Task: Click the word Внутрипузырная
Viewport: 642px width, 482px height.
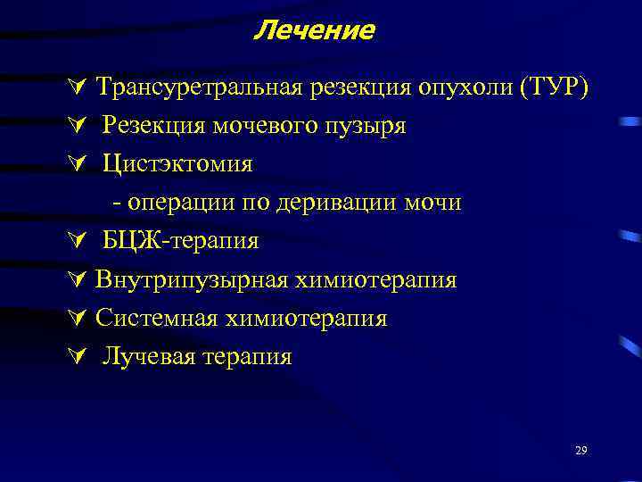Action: [x=189, y=280]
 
